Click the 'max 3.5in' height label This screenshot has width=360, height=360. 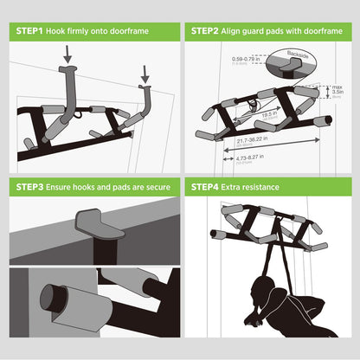pos(339,90)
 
